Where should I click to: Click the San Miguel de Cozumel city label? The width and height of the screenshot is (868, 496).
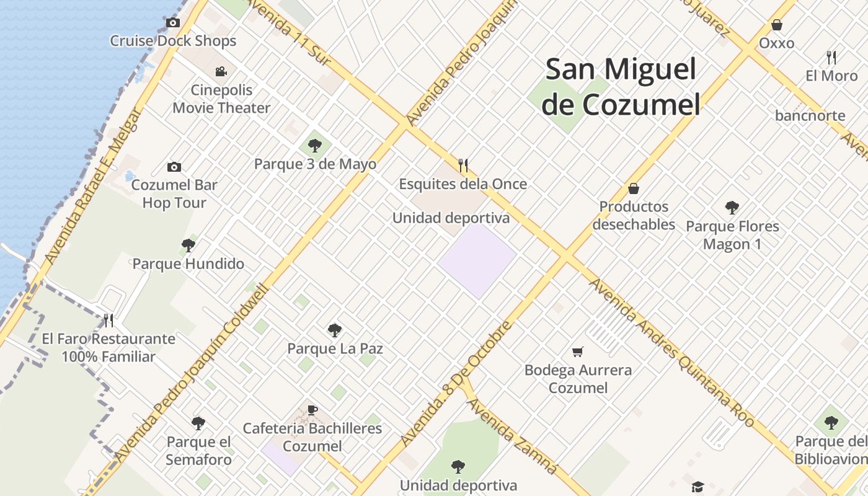tap(621, 87)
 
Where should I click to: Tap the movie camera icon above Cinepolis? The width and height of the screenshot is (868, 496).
tap(221, 71)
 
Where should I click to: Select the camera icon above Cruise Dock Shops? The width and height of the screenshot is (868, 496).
tap(173, 23)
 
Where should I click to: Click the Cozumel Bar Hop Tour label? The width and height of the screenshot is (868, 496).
tap(174, 193)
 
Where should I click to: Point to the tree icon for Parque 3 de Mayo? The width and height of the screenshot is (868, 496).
tap(315, 146)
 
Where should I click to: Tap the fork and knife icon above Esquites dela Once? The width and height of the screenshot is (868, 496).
tap(463, 165)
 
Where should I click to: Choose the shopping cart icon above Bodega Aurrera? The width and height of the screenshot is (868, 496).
tap(578, 352)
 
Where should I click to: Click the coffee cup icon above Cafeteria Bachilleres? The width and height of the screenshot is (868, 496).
tap(312, 410)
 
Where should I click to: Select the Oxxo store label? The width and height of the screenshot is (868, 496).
tap(776, 43)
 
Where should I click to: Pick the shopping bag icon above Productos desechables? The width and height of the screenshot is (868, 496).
tap(634, 188)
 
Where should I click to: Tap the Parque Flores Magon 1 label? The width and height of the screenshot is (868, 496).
tap(732, 235)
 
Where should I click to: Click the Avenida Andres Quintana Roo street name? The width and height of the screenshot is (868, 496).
tap(672, 353)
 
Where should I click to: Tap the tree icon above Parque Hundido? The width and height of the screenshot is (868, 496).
tap(188, 246)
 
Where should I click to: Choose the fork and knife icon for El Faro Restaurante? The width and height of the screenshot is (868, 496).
tap(108, 320)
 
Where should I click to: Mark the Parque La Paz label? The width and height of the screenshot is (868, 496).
tap(335, 348)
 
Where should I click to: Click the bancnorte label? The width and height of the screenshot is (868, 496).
tap(810, 115)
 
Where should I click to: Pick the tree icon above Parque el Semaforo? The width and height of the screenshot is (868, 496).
tap(198, 423)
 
